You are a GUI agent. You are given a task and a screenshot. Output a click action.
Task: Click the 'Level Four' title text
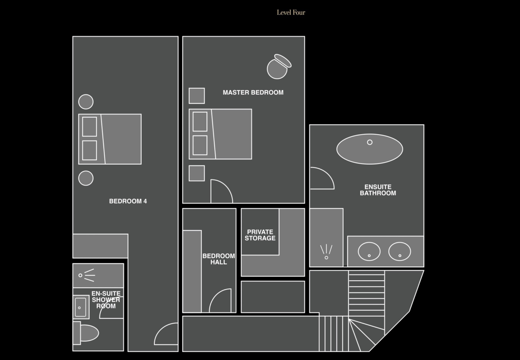(291, 12)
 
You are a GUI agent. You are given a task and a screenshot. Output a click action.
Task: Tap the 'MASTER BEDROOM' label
(253, 92)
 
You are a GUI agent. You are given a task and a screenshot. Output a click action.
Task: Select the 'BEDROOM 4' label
(128, 201)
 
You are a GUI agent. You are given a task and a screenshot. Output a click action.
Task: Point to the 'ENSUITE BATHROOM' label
(378, 190)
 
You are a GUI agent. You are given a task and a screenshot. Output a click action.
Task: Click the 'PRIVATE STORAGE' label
(260, 235)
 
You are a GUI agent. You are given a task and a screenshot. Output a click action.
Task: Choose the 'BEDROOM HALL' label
(219, 259)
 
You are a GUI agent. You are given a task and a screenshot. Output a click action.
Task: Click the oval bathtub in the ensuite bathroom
(370, 149)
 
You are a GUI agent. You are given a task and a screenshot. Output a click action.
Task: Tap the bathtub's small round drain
(370, 142)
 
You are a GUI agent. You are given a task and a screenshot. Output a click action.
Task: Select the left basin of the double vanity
(369, 251)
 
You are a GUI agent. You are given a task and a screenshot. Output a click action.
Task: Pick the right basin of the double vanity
(400, 251)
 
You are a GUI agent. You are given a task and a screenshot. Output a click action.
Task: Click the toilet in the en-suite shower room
(86, 333)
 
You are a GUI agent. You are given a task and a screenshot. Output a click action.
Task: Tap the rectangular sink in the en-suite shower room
(81, 307)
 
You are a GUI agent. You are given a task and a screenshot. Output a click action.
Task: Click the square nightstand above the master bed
(197, 96)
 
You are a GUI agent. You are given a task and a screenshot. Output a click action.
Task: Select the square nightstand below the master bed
(197, 173)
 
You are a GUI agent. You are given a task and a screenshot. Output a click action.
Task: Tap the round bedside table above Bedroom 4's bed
(86, 102)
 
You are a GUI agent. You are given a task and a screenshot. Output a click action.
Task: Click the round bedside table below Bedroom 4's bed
(86, 178)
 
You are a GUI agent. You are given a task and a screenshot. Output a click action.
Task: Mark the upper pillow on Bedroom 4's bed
(90, 127)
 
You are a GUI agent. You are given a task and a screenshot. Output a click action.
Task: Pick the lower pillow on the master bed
(200, 145)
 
